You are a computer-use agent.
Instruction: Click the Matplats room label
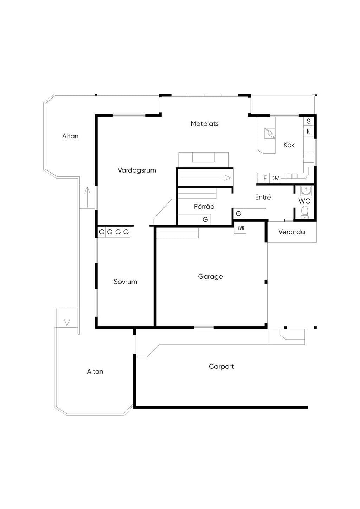click(205, 124)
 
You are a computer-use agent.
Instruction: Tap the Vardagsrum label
click(137, 170)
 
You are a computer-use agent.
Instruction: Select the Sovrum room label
click(125, 282)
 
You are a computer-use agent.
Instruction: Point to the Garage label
click(210, 277)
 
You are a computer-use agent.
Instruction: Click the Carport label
click(221, 367)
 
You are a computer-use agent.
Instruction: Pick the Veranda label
click(291, 232)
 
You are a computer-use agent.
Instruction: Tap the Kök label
click(289, 145)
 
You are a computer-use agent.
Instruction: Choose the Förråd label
click(204, 206)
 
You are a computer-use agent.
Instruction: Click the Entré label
click(263, 197)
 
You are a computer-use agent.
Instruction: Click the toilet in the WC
click(304, 212)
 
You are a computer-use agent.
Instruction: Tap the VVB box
click(240, 228)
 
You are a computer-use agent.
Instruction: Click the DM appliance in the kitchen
click(275, 178)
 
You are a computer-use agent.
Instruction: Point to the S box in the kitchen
click(308, 121)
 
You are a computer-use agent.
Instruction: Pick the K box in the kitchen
click(308, 131)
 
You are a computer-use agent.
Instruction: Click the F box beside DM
click(265, 178)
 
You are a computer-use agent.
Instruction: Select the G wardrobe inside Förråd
click(205, 219)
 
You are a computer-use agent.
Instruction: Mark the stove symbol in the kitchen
click(270, 133)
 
